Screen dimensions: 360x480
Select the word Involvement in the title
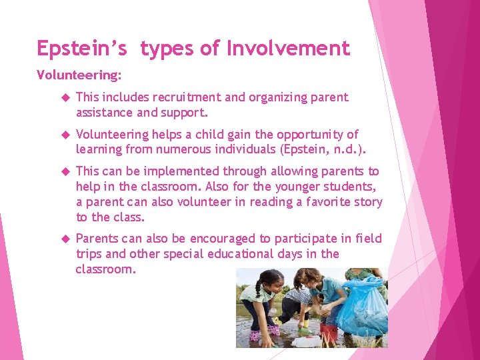(288, 49)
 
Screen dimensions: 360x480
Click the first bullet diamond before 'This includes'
(65, 98)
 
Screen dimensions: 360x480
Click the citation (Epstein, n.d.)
(316, 149)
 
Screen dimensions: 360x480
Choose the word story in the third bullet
(368, 202)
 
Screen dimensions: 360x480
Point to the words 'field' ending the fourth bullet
(369, 239)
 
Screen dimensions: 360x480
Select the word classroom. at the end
(105, 269)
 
